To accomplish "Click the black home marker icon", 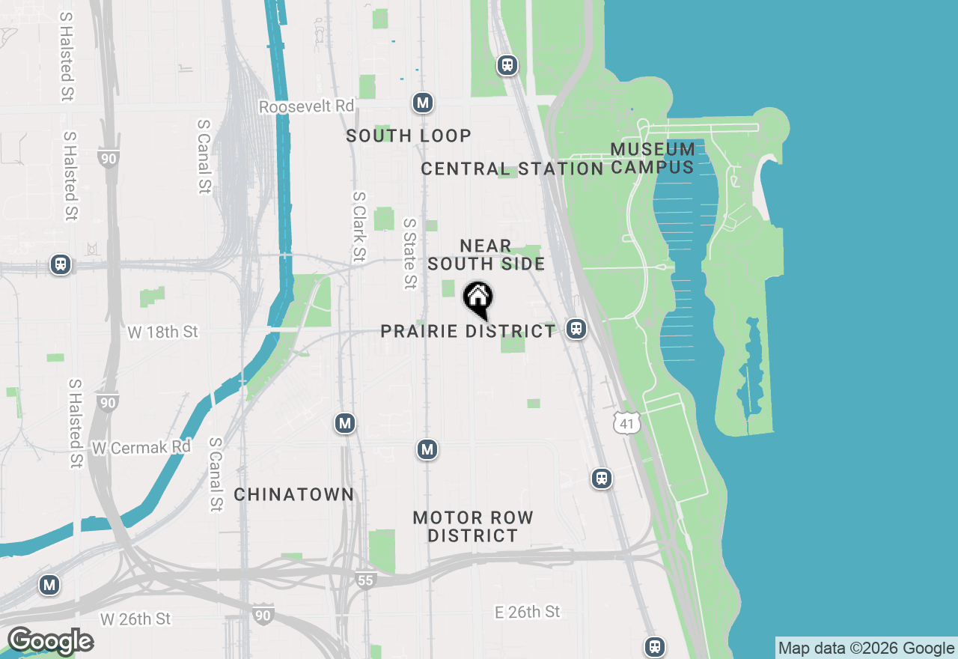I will pos(478,300).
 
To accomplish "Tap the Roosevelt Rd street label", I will pos(306,107).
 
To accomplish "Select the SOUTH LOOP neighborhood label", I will pos(409,136).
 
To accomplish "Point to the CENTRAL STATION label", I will pos(512,168).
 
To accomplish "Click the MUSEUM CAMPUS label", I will pos(653,158).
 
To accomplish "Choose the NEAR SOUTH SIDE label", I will pos(486,255).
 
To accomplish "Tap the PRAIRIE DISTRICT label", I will pos(468,331).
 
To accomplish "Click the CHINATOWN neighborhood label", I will pos(293,494).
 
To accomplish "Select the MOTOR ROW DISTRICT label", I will pos(473,526).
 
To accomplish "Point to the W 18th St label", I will pos(162,332).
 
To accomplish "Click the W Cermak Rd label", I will pos(141,447).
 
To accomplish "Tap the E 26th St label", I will pos(527,612).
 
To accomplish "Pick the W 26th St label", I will pos(135,619).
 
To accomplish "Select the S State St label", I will pos(409,254).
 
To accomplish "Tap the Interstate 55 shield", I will pos(365,580).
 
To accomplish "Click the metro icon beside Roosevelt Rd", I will pos(423,103).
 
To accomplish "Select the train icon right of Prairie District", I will pos(576,329).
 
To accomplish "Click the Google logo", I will pos(50,641).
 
